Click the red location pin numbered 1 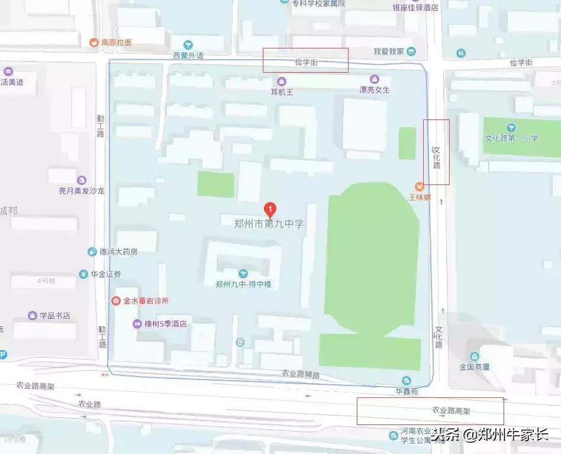pyautogui.click(x=270, y=209)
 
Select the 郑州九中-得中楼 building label pyautogui.click(x=243, y=284)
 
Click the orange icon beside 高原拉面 pyautogui.click(x=93, y=43)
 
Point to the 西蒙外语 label pyautogui.click(x=188, y=56)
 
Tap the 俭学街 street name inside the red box pyautogui.click(x=306, y=62)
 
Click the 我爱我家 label pyautogui.click(x=388, y=51)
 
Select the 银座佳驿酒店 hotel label pyautogui.click(x=415, y=8)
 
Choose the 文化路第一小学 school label pyautogui.click(x=511, y=138)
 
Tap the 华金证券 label pyautogui.click(x=105, y=274)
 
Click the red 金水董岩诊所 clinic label pyautogui.click(x=146, y=300)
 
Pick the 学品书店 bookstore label pyautogui.click(x=54, y=316)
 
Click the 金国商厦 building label pyautogui.click(x=474, y=367)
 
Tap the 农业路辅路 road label pyautogui.click(x=300, y=374)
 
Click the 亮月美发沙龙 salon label pyautogui.click(x=81, y=190)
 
